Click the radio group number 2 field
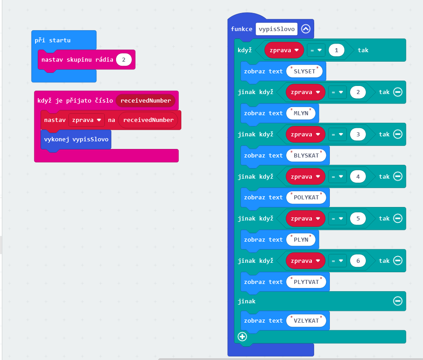[124, 60]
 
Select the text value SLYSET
[306, 71]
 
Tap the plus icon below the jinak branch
[243, 336]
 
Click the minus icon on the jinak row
[397, 301]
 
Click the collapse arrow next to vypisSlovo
[306, 29]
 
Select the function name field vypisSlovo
[277, 29]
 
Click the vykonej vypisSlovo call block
[76, 139]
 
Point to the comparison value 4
[358, 176]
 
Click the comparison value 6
[358, 261]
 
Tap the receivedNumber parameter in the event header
[145, 100]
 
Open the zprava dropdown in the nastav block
[86, 120]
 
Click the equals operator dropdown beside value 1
[316, 50]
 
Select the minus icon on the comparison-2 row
[397, 92]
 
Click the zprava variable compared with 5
[305, 218]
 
